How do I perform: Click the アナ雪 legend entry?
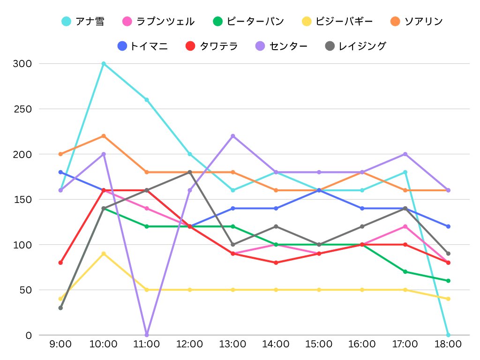83,21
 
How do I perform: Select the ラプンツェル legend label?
158,21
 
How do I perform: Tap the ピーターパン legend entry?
248,21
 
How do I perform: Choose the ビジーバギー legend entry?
337,21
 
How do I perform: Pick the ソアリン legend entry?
416,21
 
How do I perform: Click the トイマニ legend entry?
142,46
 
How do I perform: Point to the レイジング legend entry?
356,46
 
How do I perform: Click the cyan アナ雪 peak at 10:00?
104,63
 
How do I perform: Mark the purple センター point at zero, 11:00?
147,335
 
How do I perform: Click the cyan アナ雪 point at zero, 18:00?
448,335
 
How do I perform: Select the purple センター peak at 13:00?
233,136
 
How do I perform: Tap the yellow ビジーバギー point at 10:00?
104,254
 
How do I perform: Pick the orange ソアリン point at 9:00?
60,154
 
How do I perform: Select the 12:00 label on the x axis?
190,345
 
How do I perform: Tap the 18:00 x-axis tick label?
448,345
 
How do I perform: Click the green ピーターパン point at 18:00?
448,281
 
